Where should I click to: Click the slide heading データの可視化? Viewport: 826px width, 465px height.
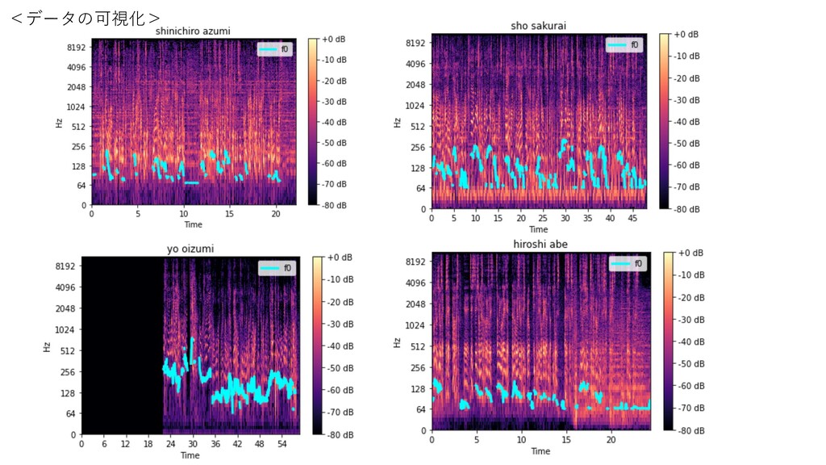pos(86,18)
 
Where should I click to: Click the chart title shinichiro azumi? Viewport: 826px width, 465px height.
pos(194,31)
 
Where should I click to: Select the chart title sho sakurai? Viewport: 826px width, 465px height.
pos(538,26)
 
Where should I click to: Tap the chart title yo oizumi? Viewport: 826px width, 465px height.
pos(190,249)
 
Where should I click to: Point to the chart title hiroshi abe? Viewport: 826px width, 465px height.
pos(540,245)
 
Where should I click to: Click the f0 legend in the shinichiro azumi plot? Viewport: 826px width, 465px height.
pos(274,49)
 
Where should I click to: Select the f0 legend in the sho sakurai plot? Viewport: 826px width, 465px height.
pos(625,45)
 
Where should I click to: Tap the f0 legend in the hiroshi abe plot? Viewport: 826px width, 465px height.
pos(627,263)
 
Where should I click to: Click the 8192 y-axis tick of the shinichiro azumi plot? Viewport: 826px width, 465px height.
pos(76,48)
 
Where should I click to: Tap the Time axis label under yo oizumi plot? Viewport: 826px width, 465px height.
pos(190,455)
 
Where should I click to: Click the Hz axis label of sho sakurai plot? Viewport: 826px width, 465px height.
pos(397,123)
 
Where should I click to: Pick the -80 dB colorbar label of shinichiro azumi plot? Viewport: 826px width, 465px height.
pos(333,206)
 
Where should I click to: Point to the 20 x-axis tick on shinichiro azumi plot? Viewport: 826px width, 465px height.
pos(276,214)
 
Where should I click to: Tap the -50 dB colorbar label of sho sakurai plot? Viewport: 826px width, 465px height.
pos(685,143)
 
